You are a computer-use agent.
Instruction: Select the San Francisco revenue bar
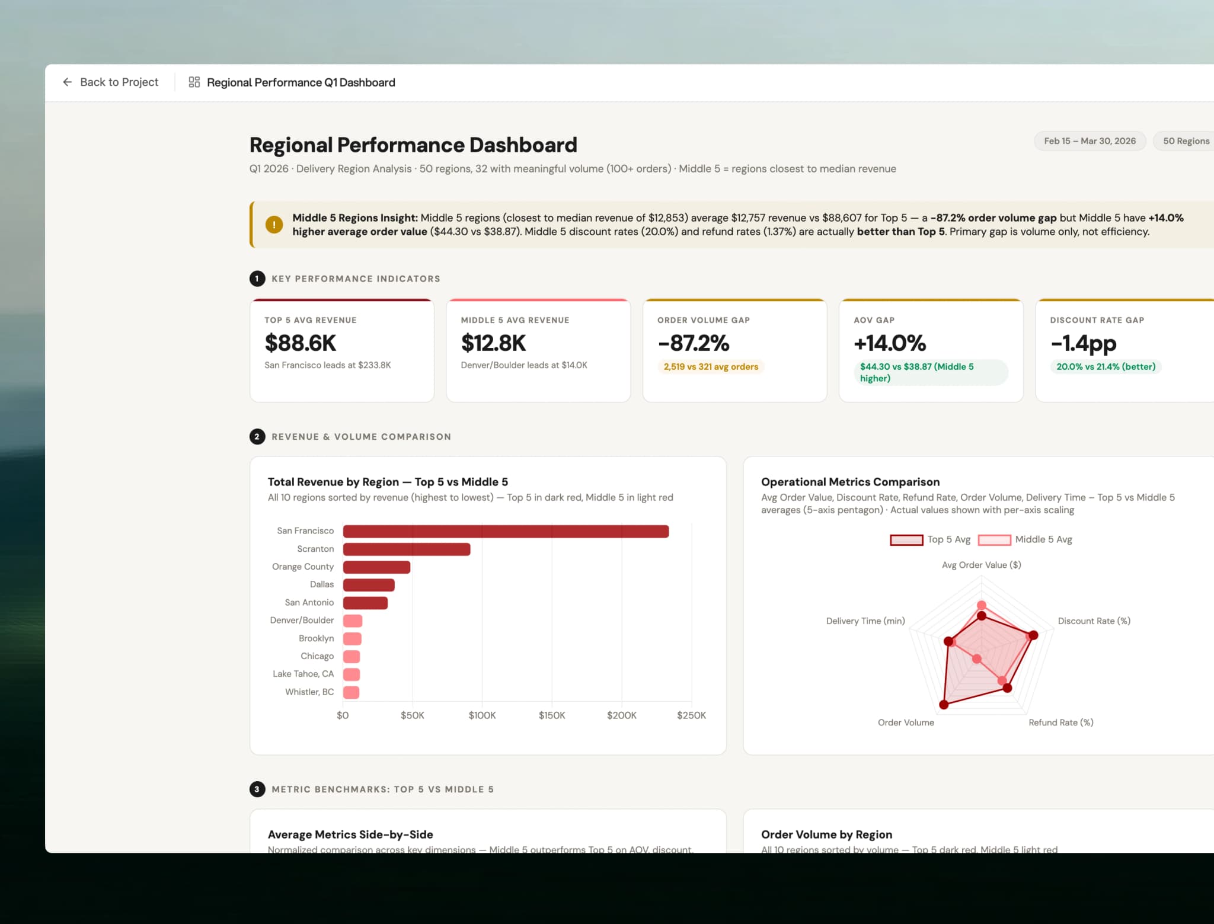point(505,532)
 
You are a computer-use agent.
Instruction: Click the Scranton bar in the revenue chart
point(407,549)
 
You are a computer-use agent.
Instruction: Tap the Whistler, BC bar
point(351,692)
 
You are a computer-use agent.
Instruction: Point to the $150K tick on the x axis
point(551,715)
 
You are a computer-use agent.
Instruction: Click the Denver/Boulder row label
point(302,621)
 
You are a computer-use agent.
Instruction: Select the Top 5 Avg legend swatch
point(906,540)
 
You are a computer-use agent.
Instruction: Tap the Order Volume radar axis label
point(905,722)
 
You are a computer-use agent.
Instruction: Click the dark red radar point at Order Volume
point(944,705)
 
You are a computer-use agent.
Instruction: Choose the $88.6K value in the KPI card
point(300,343)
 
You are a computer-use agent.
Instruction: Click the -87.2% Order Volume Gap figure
point(693,343)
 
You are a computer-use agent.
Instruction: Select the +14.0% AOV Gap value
point(889,343)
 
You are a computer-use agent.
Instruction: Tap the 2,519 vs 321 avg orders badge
point(710,367)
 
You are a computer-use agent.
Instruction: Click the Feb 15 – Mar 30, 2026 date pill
point(1089,141)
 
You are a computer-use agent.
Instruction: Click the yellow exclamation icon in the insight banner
point(274,225)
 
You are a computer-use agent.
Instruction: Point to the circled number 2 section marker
point(257,437)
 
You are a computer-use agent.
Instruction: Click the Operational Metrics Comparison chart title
point(849,482)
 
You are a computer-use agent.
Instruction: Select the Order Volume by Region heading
point(826,835)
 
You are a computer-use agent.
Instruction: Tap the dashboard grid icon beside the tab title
point(194,82)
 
